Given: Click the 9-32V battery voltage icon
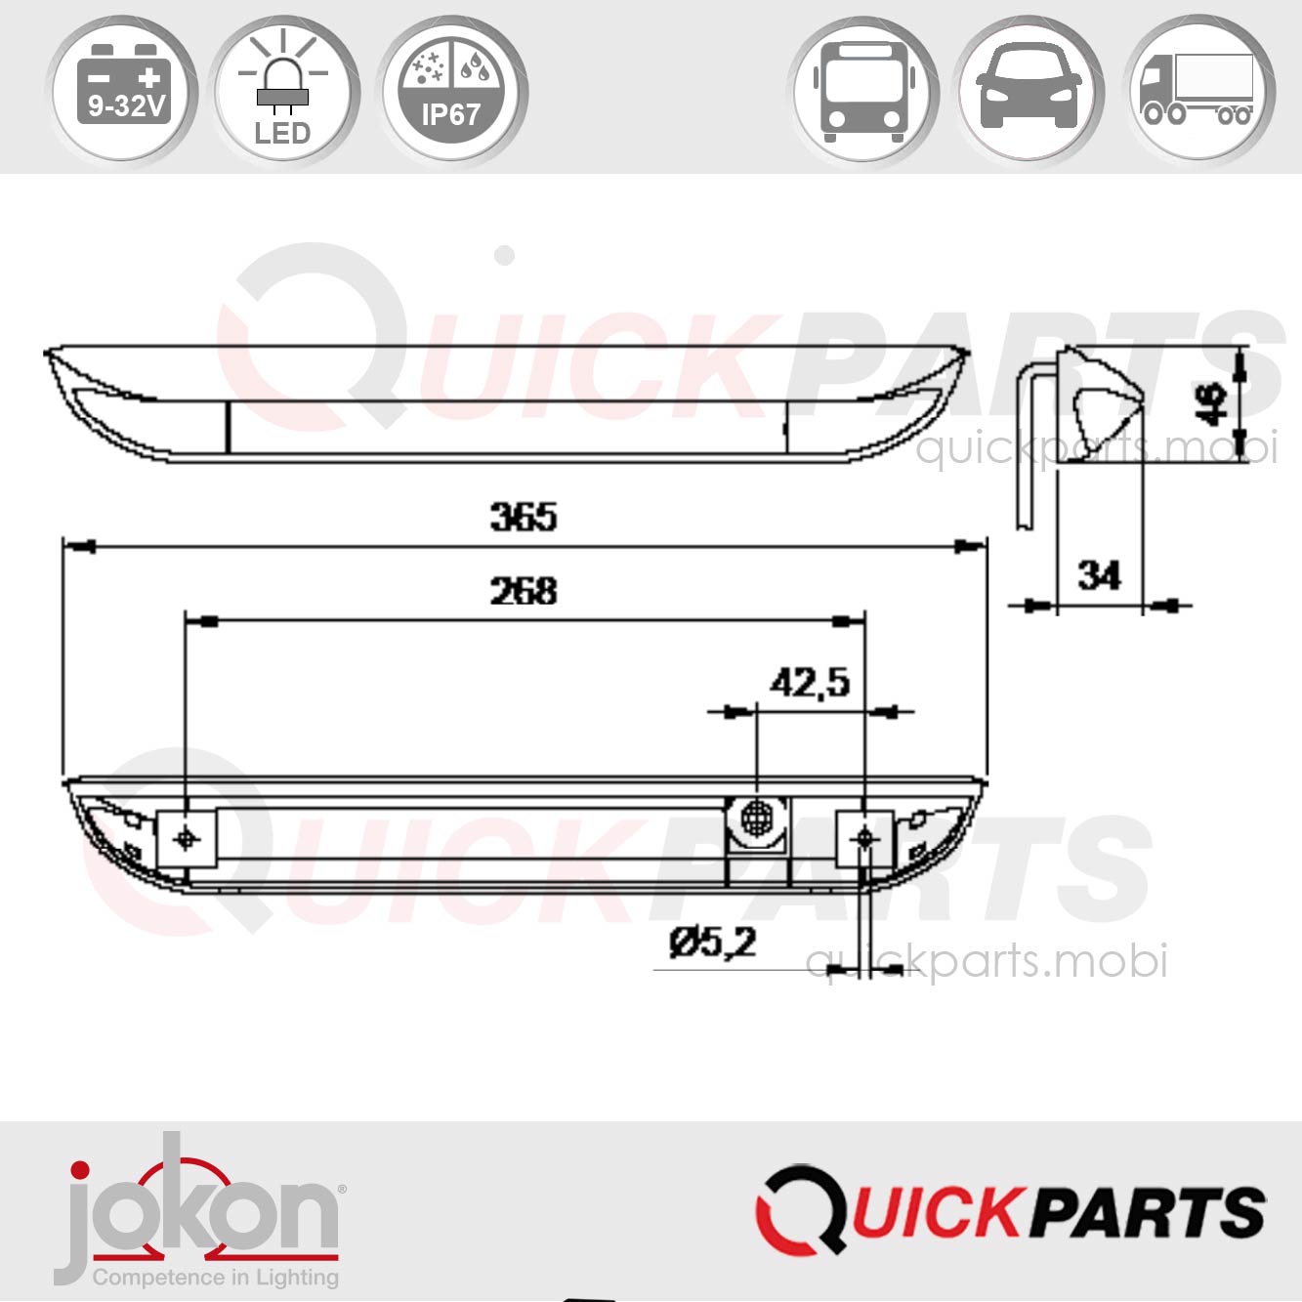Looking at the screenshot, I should coord(123,90).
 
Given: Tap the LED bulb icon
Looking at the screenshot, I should coord(283,90).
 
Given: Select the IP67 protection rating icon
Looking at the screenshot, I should coord(450,90).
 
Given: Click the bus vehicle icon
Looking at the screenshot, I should coord(863,90).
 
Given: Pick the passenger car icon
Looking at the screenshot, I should coord(1029,90).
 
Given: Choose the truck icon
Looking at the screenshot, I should coord(1197,90).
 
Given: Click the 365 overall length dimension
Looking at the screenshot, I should coord(524,517).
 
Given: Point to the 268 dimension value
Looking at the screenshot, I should coord(524,591).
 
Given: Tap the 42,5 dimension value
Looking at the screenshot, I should coord(810,682).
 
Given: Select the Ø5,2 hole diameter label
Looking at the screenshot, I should coord(713,943).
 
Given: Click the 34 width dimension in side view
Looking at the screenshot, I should coord(1099,574).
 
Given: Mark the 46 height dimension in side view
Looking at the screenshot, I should coord(1212,403).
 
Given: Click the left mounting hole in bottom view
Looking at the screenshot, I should coord(187,838).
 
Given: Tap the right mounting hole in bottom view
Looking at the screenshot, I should coord(864,838).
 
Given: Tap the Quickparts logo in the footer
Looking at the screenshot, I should coord(1011,1209).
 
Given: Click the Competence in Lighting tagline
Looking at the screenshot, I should coord(216,1277).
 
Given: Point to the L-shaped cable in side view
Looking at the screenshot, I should coord(1026,440).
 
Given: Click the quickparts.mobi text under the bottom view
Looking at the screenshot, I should coord(987,961).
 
